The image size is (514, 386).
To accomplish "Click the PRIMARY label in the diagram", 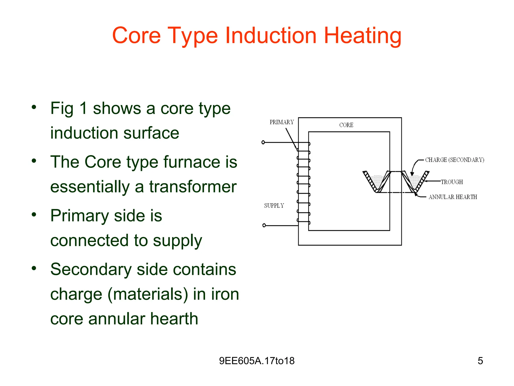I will click(x=282, y=122).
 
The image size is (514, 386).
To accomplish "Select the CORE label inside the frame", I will click(x=346, y=125).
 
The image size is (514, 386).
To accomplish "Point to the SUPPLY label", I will click(x=274, y=206).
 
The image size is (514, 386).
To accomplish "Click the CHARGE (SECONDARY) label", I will click(x=455, y=160).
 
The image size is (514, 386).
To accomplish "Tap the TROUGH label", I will click(x=452, y=182).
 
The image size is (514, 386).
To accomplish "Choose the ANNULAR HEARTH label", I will click(x=453, y=197).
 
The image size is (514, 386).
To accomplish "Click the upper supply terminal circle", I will click(x=263, y=142).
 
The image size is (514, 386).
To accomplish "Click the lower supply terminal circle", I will click(x=264, y=225).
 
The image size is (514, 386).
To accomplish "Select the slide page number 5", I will click(x=480, y=361).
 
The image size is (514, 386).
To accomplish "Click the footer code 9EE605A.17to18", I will click(x=257, y=361).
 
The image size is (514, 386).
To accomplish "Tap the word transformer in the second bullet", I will click(x=193, y=187).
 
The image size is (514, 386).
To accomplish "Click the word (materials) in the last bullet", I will click(x=148, y=294).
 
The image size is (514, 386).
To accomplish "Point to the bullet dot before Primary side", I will click(x=34, y=215).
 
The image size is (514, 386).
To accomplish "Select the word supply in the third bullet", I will click(x=177, y=241).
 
